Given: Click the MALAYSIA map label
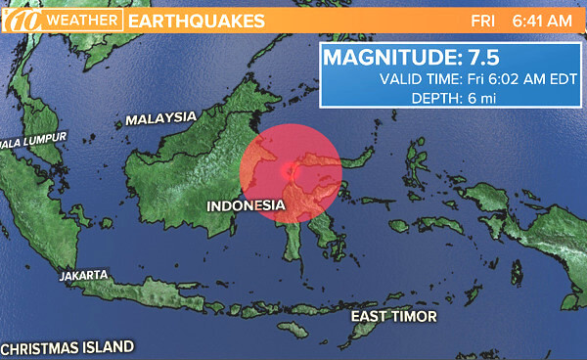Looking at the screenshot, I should pos(160,118).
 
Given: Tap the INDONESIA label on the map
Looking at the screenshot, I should pos(245,205).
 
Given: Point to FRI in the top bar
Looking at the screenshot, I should pos(482,20).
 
